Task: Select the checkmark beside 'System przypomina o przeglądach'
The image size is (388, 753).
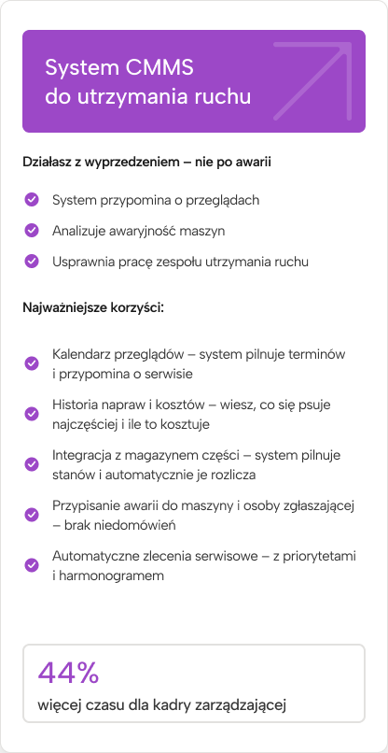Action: (x=32, y=199)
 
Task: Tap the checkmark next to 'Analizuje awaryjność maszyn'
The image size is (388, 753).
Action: (x=32, y=230)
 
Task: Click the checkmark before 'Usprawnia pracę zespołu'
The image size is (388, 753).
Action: (x=32, y=261)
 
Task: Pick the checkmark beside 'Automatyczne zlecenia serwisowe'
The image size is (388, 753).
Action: (x=32, y=564)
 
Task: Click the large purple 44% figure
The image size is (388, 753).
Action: (x=68, y=673)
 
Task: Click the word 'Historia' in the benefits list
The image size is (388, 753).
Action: (x=76, y=405)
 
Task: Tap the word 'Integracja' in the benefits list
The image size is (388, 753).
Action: (x=84, y=456)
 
